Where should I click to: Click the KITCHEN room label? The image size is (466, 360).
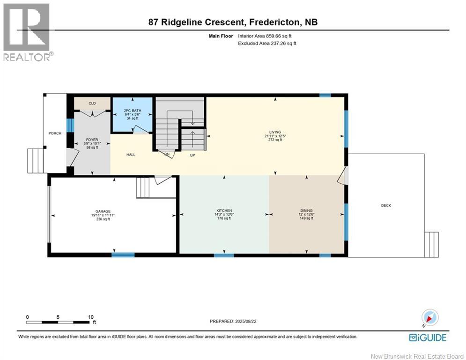pos(224,210)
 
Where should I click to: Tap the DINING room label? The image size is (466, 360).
pos(306,210)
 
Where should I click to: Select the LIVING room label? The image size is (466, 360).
pos(275,132)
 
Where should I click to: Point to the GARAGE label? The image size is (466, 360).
pos(103,211)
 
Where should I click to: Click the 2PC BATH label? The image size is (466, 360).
pos(133,111)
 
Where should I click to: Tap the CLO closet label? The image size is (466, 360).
pos(92,103)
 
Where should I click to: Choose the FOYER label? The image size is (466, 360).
pos(92,140)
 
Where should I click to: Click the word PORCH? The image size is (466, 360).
pos(55,133)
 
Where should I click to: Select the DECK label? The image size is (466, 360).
pos(386,206)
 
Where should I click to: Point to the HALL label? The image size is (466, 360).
pos(131,155)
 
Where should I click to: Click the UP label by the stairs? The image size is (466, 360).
pos(192,155)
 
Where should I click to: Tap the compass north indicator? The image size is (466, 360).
pos(430,317)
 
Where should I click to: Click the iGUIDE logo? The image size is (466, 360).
pos(428,337)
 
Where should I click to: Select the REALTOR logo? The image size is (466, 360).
pos(28,32)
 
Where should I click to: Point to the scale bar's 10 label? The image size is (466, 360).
pos(91,317)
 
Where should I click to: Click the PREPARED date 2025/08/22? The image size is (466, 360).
pos(245,321)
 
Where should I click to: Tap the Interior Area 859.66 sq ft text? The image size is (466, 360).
pos(265,36)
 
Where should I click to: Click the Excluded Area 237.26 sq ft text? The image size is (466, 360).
pos(267,44)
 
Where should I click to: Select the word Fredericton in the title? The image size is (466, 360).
pos(274,22)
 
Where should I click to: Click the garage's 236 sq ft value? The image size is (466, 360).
pos(103,219)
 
